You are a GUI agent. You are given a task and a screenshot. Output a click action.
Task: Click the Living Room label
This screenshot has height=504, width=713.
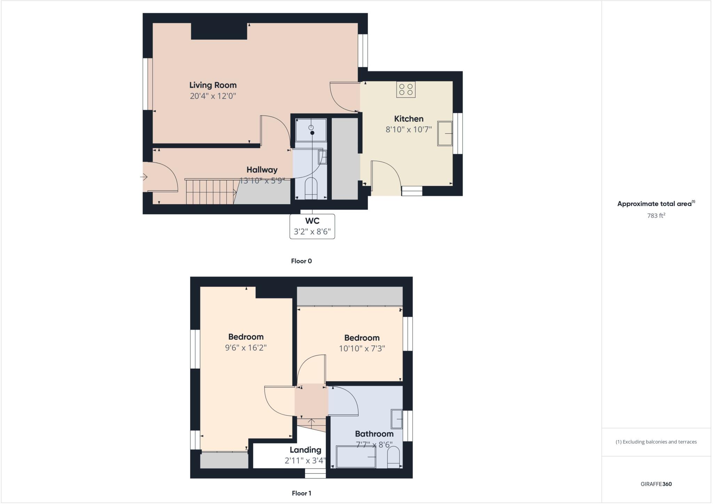point(213,85)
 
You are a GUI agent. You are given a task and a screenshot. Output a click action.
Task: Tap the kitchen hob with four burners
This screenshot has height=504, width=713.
point(406,89)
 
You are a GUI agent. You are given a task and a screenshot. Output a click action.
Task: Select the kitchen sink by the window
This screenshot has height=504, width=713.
point(445,133)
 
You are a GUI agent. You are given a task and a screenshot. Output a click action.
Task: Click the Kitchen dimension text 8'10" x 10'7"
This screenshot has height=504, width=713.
point(408,130)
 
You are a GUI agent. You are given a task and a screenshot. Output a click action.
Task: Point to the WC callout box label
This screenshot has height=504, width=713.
point(312,221)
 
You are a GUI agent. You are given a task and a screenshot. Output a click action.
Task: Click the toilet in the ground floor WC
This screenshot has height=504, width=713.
point(311,188)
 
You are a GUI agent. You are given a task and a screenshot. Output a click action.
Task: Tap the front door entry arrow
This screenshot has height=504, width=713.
point(144,177)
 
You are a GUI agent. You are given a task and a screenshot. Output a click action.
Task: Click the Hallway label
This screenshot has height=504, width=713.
point(262,170)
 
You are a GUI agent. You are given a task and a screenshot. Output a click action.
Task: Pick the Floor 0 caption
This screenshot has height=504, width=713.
point(301,261)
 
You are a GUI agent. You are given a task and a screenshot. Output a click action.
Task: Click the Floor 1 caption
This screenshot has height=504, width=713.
point(301,493)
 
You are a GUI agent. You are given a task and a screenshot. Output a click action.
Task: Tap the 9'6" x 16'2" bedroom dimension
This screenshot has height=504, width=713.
point(246,348)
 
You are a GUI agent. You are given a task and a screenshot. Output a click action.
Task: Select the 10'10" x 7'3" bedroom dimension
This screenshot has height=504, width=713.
point(362,349)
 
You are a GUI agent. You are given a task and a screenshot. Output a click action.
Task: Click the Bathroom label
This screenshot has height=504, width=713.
point(374,434)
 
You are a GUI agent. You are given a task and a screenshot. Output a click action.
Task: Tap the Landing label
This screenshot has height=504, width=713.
point(305,450)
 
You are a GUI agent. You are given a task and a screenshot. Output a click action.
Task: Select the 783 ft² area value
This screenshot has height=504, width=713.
point(656,216)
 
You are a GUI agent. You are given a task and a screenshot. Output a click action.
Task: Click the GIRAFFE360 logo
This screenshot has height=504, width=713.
point(656,484)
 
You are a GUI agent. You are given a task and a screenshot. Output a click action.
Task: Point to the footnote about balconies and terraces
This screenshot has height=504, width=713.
point(656,442)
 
